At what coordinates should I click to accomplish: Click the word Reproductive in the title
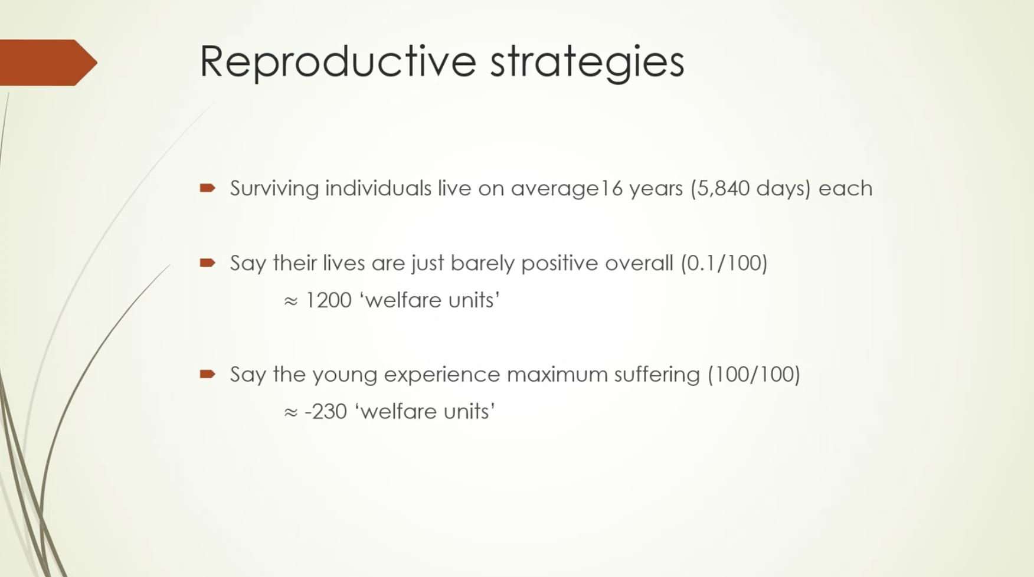(x=338, y=61)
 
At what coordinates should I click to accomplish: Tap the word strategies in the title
(x=587, y=62)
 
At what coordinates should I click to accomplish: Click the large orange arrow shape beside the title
(x=48, y=63)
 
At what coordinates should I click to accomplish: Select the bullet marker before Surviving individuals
(x=208, y=188)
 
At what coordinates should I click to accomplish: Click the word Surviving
(x=274, y=189)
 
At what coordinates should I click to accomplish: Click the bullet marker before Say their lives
(x=208, y=263)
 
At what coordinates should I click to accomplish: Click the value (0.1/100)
(x=724, y=263)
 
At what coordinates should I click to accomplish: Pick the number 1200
(x=328, y=300)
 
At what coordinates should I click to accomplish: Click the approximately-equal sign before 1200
(x=290, y=301)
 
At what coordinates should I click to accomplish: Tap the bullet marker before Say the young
(x=208, y=374)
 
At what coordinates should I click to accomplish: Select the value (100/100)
(x=754, y=375)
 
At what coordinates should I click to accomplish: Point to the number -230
(x=326, y=412)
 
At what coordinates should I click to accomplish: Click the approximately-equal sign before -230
(x=290, y=413)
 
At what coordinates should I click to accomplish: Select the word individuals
(x=378, y=189)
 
